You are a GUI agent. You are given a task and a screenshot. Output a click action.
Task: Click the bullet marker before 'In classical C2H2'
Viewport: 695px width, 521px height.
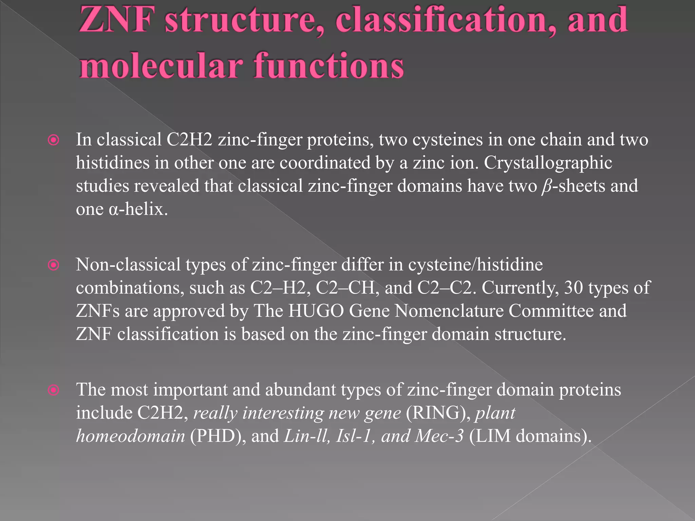[x=54, y=140]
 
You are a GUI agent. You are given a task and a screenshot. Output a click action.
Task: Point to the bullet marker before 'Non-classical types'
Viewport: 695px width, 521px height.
[x=54, y=265]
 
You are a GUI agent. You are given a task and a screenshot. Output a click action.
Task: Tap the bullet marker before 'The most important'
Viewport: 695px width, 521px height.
[x=54, y=390]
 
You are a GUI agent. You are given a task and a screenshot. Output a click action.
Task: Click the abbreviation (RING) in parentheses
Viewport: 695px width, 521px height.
[x=438, y=413]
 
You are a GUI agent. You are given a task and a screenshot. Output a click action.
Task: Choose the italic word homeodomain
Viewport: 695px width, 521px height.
[x=131, y=436]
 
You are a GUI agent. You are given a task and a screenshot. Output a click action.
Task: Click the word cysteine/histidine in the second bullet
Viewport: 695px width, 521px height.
[x=475, y=265]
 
